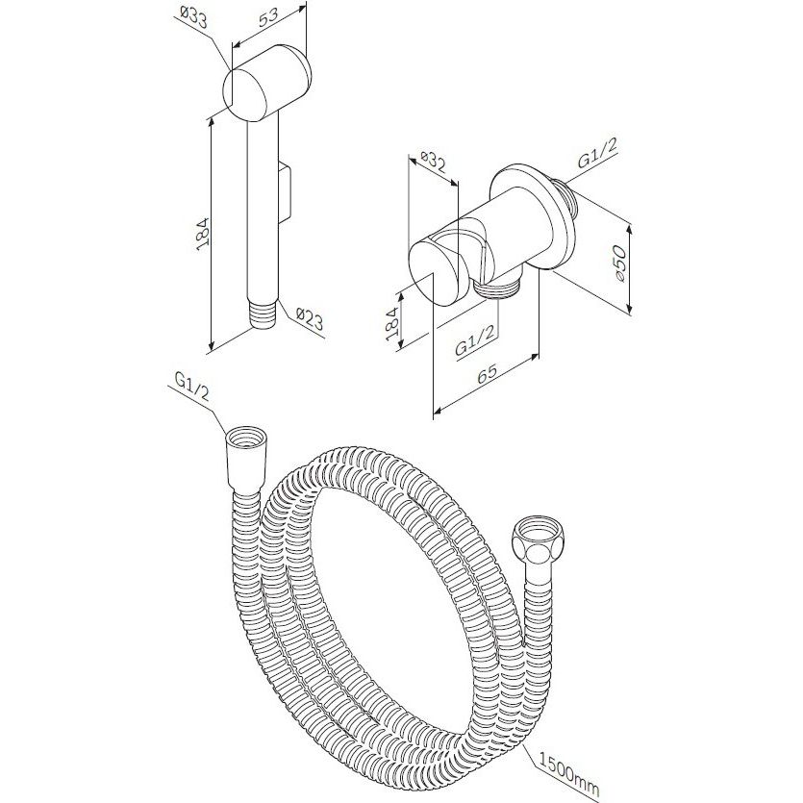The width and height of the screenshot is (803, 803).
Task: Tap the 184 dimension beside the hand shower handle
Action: (x=203, y=234)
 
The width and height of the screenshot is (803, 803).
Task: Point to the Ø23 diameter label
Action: (x=310, y=319)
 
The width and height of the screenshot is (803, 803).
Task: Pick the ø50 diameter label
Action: (x=618, y=263)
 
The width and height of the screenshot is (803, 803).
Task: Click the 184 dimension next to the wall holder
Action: (x=392, y=324)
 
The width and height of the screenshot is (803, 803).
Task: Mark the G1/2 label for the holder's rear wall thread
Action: (x=597, y=153)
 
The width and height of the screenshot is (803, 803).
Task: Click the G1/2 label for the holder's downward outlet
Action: (x=476, y=340)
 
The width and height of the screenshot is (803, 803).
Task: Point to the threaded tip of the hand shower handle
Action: (x=263, y=314)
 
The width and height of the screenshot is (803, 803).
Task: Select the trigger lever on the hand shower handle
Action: (x=286, y=190)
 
